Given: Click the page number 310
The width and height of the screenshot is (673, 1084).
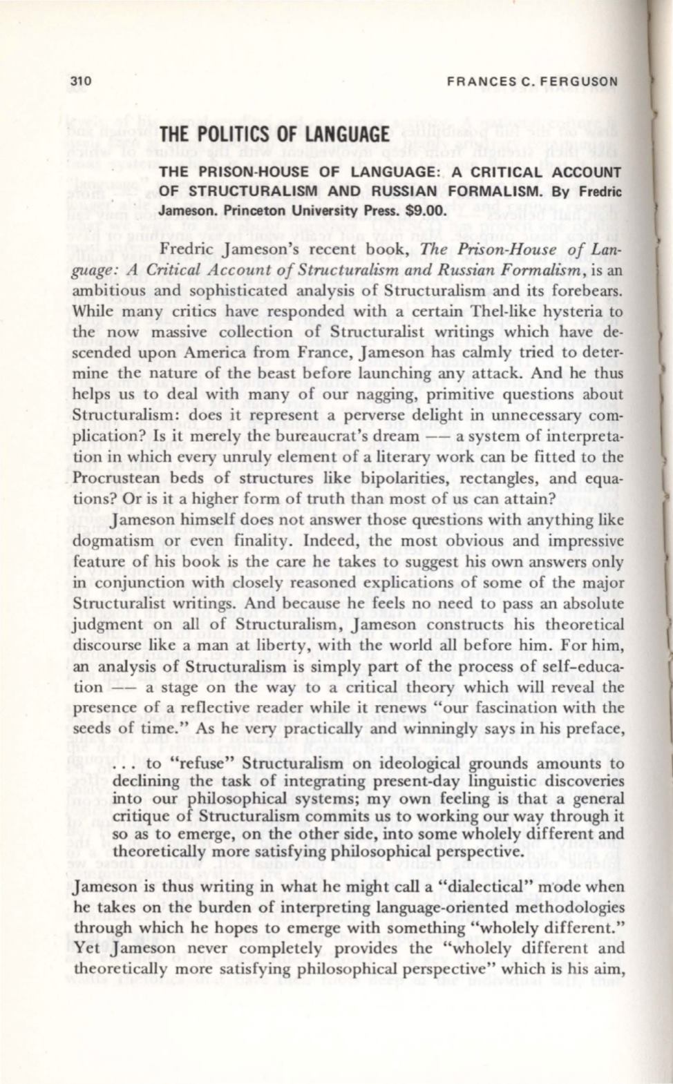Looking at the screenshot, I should (x=83, y=81).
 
